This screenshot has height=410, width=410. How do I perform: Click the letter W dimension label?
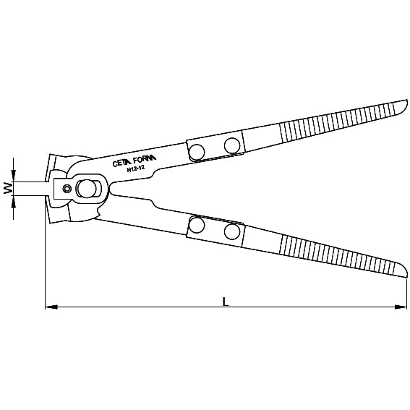7,189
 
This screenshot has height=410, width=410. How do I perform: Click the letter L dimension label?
226,301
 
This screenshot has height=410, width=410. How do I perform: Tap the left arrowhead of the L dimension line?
49,307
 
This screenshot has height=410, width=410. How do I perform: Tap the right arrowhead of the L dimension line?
402,307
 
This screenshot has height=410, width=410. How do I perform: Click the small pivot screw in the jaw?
66,189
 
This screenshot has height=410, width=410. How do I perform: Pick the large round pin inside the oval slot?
88,189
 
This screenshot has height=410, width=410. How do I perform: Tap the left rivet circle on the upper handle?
196,150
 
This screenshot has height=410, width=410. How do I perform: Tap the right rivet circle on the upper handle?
232,145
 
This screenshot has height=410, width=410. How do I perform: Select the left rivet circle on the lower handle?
196,226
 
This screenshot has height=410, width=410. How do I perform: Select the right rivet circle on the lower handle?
232,232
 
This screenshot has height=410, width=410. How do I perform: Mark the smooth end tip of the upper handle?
400,106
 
